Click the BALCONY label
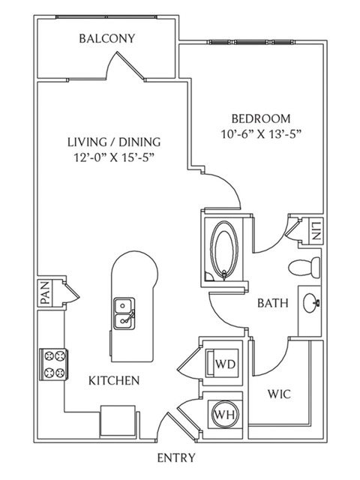tap(106, 38)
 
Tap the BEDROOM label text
tap(261, 118)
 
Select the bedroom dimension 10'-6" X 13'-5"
tap(261, 134)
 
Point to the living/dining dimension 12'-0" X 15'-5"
tap(113, 157)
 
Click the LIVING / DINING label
tap(114, 142)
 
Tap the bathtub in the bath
tap(225, 250)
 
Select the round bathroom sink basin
tap(312, 303)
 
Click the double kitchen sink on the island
tap(124, 313)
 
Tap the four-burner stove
tap(53, 364)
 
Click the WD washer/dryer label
tap(225, 364)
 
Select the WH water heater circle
tap(225, 415)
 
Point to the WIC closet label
tap(279, 394)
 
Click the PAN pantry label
tap(45, 293)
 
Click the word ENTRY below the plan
tap(176, 458)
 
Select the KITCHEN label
tap(114, 380)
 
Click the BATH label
tap(273, 303)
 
